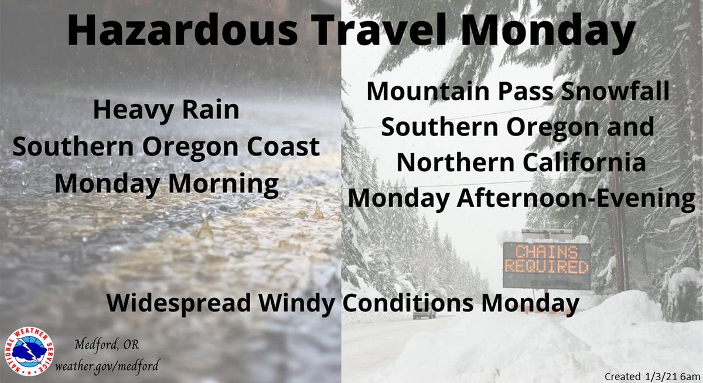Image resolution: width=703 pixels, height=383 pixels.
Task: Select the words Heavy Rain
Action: tap(166, 111)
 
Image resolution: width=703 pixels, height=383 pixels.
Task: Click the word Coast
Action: tap(284, 147)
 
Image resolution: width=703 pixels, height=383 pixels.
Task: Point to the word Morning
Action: tap(223, 185)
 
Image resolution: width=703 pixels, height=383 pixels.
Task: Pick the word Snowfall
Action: tap(616, 91)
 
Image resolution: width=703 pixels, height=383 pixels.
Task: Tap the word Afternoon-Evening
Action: tap(576, 199)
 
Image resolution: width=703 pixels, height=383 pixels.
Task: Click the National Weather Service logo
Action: tap(29, 351)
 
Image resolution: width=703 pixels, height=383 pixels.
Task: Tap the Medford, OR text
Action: tap(107, 345)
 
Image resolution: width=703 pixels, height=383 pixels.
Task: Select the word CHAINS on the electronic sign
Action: tap(547, 252)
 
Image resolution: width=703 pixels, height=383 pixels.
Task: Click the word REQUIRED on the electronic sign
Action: tap(547, 267)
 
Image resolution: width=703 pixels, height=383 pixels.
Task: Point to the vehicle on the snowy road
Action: tap(424, 314)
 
